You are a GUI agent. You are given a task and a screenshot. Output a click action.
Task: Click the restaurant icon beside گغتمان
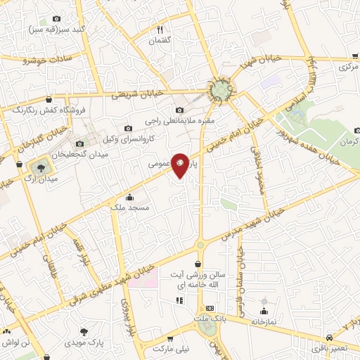[160, 29]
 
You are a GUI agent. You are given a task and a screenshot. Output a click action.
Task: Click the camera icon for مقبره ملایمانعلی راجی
[180, 110]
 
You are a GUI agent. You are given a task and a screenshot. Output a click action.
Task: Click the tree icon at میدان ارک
[39, 167]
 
